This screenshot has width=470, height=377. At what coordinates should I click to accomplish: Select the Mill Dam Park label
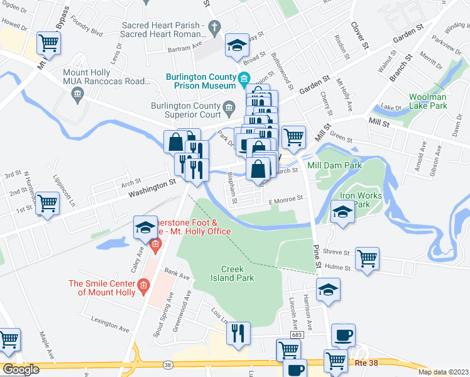(x=335, y=165)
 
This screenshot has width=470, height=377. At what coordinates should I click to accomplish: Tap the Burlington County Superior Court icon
(x=229, y=106)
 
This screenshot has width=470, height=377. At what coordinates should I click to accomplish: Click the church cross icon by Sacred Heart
(x=214, y=26)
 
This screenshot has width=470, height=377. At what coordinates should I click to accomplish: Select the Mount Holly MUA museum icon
(x=77, y=94)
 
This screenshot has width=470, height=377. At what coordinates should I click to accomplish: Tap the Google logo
(x=21, y=369)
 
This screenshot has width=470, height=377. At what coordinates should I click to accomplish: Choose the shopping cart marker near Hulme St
(x=367, y=258)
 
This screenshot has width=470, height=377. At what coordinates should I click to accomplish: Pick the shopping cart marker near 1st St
(x=48, y=203)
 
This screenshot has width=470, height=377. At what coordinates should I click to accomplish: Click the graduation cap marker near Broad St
(x=237, y=45)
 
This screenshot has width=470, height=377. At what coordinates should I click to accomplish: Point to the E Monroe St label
(x=286, y=199)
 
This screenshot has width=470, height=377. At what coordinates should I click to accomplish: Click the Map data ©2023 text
(x=444, y=372)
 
